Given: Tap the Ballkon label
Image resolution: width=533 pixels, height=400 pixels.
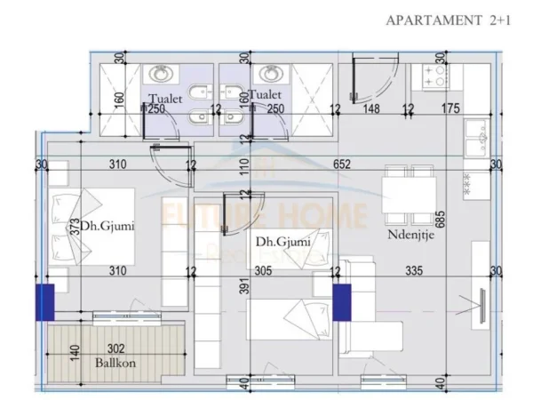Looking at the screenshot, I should (111, 363).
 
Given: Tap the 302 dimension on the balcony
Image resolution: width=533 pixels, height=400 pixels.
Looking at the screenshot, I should (116, 349).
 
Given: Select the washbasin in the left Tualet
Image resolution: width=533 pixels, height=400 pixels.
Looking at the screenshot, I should (163, 74).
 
